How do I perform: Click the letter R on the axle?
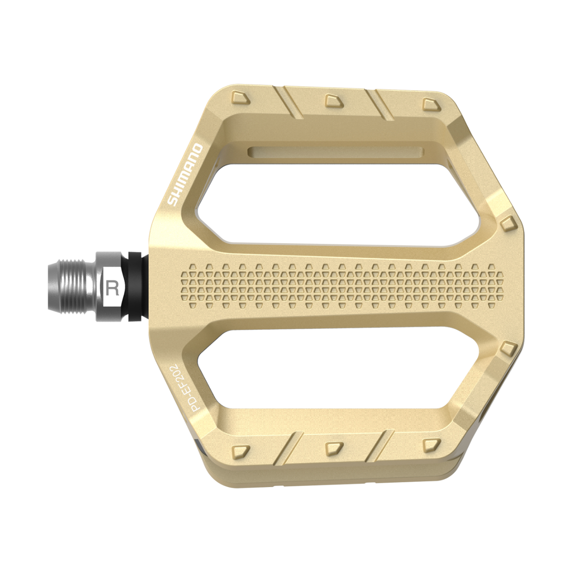pyautogui.click(x=112, y=287)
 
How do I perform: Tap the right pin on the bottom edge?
pyautogui.click(x=430, y=443)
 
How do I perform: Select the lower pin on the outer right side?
pyautogui.click(x=507, y=348)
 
